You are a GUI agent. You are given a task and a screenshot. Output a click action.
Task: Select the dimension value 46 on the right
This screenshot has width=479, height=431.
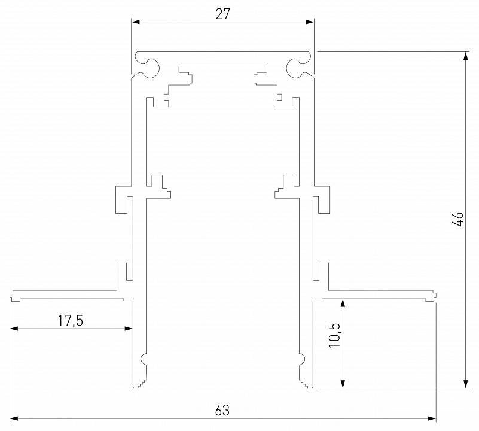click(458, 218)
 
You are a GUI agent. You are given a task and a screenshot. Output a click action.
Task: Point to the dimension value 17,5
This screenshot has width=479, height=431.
click(70, 320)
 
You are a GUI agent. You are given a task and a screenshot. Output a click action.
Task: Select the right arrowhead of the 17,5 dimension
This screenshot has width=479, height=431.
click(129, 328)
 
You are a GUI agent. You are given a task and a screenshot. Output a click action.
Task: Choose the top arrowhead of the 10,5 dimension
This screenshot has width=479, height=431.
click(342, 302)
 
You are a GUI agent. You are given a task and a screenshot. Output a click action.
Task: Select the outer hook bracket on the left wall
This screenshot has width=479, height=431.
click(122, 199)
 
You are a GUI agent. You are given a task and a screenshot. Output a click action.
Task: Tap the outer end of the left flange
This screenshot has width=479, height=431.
click(13, 295)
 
